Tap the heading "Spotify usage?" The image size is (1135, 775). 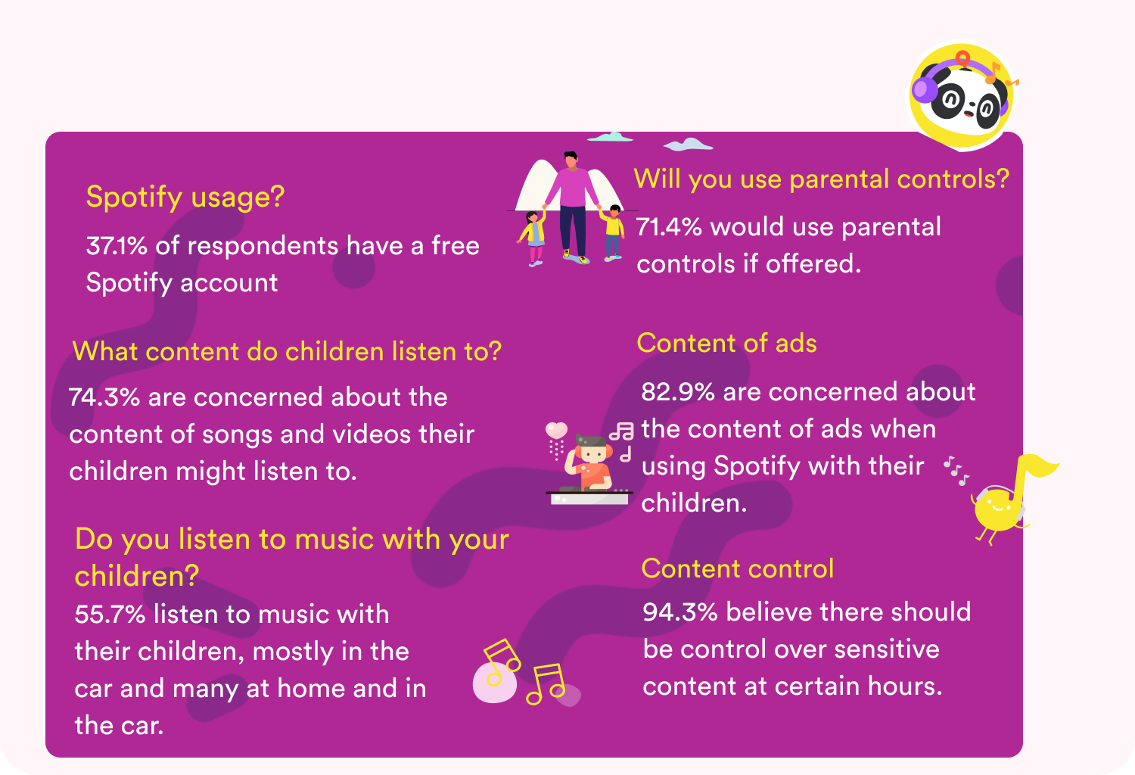tap(185, 197)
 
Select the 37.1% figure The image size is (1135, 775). tap(117, 246)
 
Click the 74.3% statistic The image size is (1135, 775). tap(104, 397)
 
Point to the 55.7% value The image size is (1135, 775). tap(110, 614)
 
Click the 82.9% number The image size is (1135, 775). tap(677, 392)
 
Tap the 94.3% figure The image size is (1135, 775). tap(679, 612)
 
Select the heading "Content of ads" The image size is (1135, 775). tap(726, 344)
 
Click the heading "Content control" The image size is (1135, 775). tap(737, 569)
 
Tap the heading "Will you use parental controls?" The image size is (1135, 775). tap(821, 179)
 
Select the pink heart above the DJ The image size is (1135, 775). tap(556, 431)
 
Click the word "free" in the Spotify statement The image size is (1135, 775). tap(455, 246)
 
